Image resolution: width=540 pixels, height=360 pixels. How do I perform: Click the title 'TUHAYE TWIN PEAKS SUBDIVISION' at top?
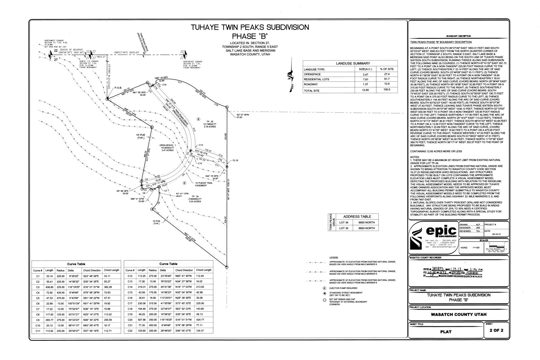click(250, 27)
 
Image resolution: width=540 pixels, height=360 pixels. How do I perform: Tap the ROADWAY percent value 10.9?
click(387, 84)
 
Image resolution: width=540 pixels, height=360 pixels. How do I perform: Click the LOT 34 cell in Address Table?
click(344, 222)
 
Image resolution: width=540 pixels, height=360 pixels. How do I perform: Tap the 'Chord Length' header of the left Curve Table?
click(112, 270)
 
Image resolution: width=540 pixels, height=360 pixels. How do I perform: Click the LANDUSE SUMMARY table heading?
click(353, 63)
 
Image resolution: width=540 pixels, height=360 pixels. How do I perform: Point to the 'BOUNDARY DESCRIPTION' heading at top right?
click(459, 36)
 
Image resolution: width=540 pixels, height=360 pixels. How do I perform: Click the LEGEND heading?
click(333, 257)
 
